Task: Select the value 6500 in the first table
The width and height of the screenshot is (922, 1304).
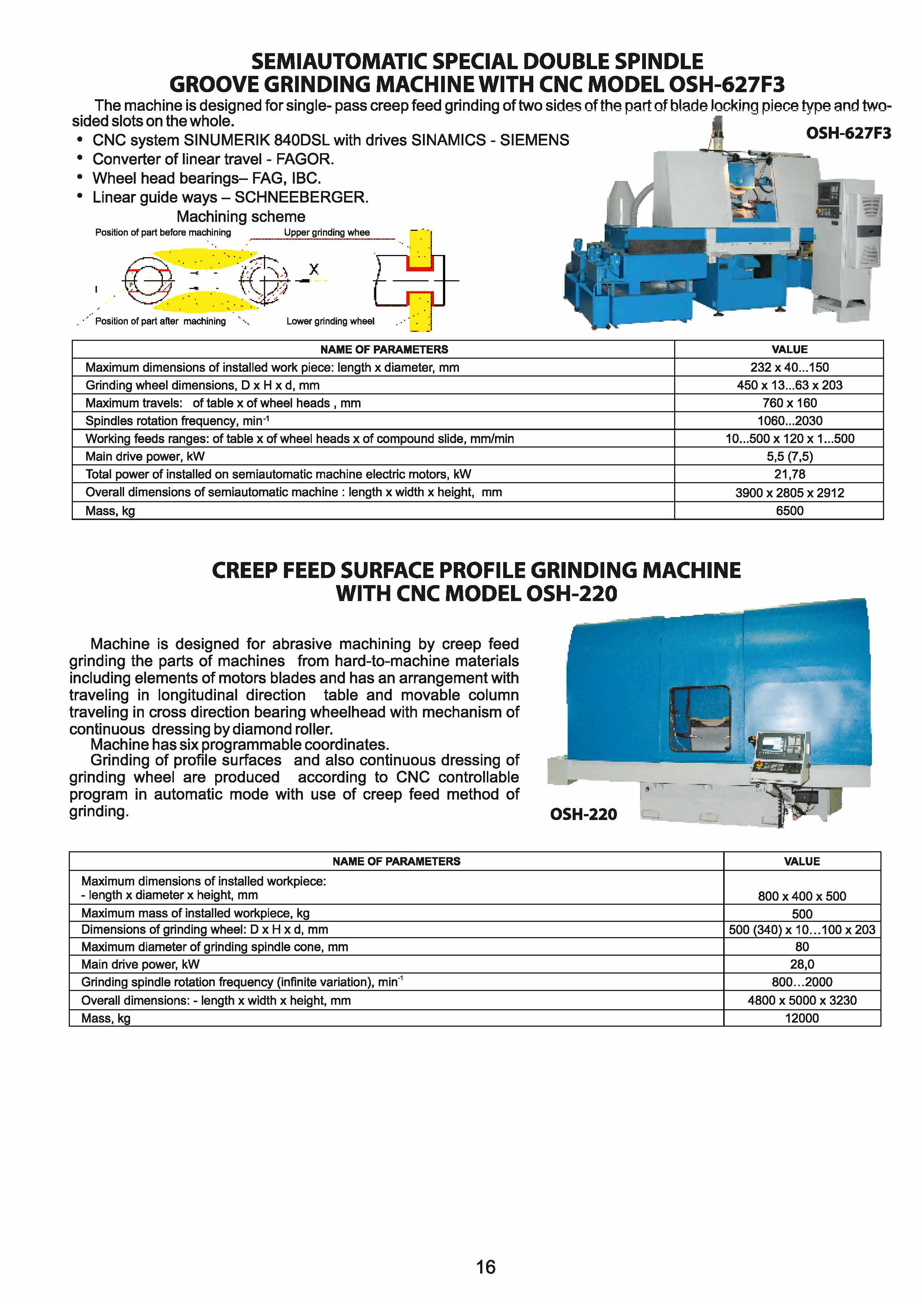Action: tap(789, 511)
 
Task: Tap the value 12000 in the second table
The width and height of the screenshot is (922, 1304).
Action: tap(802, 1018)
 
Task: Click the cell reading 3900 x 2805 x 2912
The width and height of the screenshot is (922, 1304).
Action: tap(789, 493)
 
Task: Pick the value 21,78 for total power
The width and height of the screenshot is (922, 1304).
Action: tap(789, 474)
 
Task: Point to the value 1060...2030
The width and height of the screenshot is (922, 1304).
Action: tap(789, 421)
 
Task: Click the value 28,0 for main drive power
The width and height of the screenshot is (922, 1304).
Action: tap(802, 964)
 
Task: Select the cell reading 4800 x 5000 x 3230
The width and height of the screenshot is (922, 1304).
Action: tap(802, 1000)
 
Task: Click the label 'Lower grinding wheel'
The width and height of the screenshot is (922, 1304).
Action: tap(330, 322)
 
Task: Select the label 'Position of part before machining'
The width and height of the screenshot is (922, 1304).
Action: tap(163, 232)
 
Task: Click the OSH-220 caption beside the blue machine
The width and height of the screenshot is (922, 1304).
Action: tap(583, 814)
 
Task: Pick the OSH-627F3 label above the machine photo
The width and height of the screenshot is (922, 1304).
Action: tap(848, 133)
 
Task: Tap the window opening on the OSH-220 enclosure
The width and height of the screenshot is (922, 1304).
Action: tap(699, 719)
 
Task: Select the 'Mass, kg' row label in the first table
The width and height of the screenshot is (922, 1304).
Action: tap(110, 511)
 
